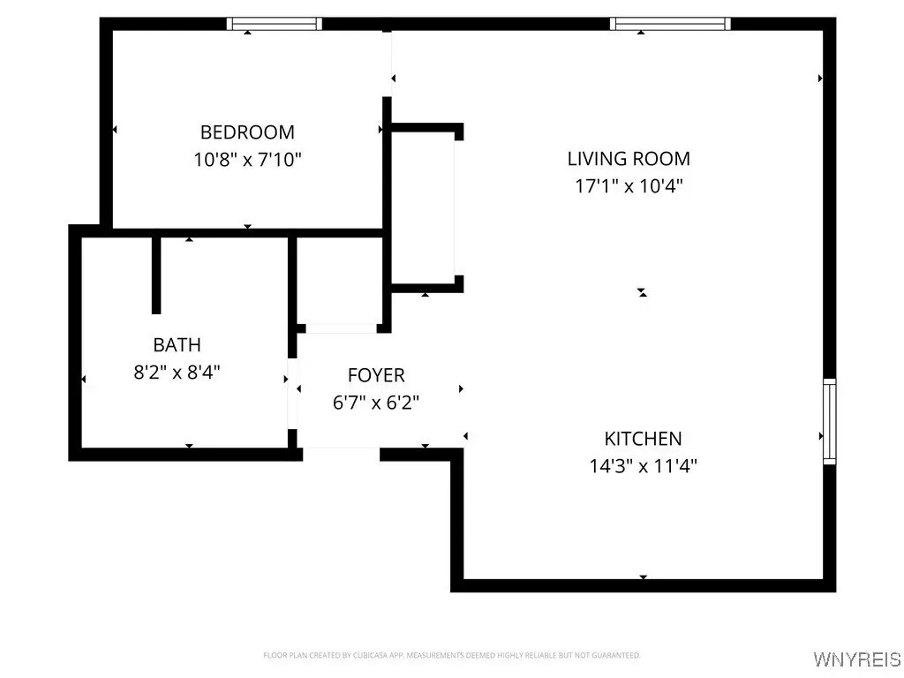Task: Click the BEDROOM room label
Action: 247,132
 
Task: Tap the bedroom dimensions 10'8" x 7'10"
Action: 247,160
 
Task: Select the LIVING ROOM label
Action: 629,159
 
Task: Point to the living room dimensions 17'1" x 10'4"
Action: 629,185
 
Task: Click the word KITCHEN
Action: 643,439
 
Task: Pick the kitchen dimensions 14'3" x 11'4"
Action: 643,465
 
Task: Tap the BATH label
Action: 177,345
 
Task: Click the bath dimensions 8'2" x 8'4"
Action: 177,372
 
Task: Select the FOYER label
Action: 376,375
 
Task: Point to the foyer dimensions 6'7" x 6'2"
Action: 376,403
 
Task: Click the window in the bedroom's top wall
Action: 274,24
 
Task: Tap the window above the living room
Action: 671,24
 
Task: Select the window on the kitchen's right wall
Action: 829,421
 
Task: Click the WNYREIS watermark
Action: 857,659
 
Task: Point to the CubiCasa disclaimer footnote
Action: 452,656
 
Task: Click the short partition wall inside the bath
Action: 156,275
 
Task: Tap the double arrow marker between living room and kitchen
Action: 643,293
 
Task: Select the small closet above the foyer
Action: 340,282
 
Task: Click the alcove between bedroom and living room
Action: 423,207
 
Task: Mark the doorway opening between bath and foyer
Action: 292,394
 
